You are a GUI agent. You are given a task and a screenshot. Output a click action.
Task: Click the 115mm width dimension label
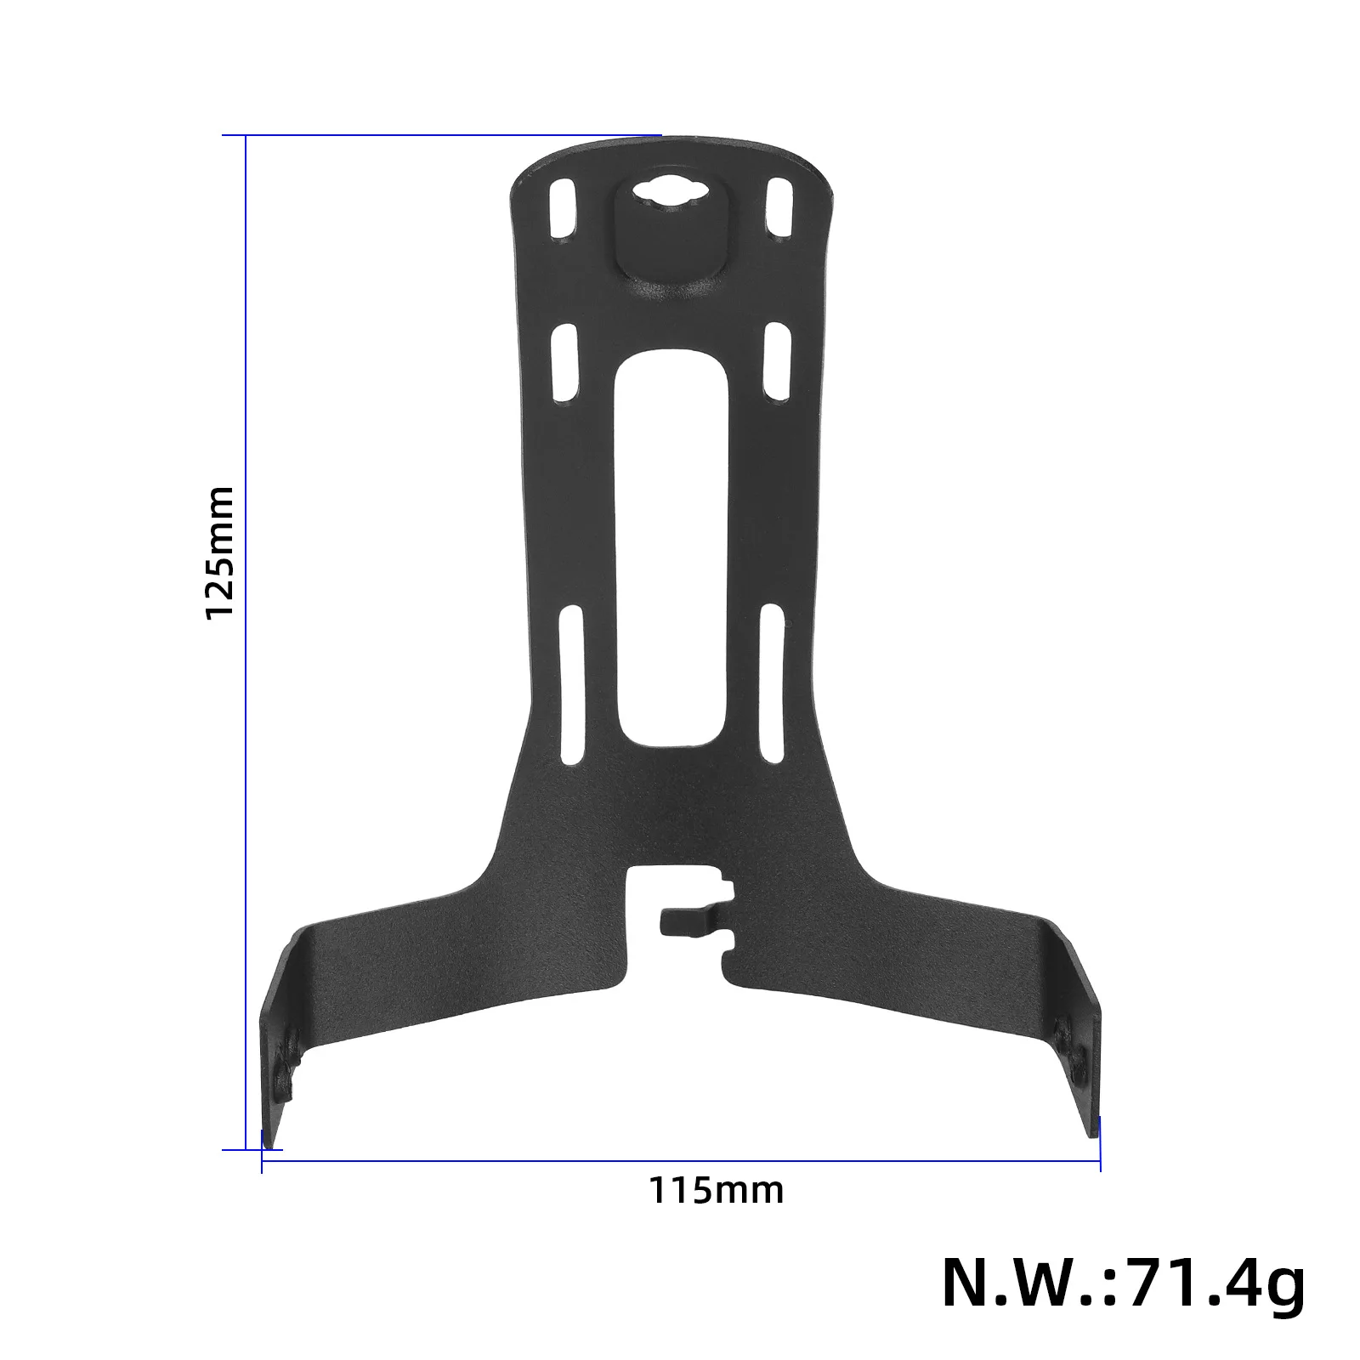coord(717,1190)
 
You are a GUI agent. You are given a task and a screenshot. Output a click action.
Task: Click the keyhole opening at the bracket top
coord(669,193)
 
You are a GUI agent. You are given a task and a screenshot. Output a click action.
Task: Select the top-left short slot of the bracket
coord(562,207)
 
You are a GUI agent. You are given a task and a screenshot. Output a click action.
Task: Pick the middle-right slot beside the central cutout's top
coord(776,361)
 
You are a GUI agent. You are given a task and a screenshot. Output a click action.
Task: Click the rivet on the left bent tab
coord(292,1039)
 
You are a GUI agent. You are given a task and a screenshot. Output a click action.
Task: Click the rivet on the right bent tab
coord(1062,1035)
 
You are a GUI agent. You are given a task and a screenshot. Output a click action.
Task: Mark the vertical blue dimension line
coord(246,637)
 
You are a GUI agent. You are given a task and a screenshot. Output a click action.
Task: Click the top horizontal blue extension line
coord(442,134)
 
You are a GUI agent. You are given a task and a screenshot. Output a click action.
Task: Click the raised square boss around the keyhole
coord(670,246)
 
